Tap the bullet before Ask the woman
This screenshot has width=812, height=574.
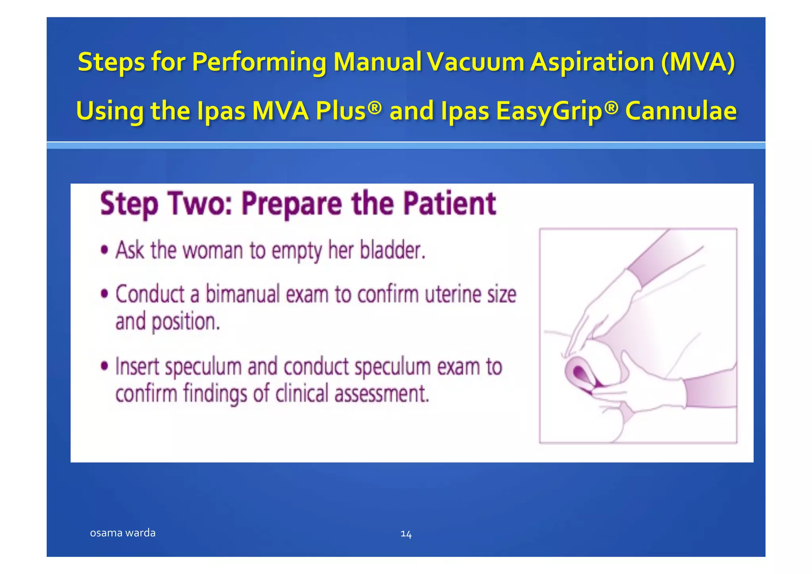pos(104,251)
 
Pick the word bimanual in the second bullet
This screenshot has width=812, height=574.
pos(243,295)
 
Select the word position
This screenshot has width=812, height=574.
pos(186,322)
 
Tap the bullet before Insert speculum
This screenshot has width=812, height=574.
pos(104,366)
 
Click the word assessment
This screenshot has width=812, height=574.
pos(381,394)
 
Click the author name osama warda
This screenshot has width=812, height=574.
pos(123,533)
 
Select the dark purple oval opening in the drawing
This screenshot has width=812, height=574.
pos(579,373)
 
